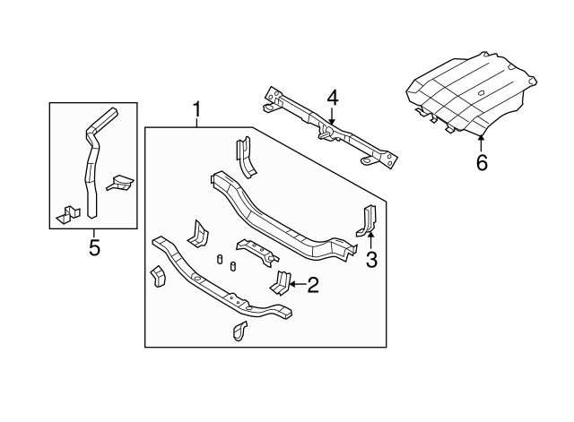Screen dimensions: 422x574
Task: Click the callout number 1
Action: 196,110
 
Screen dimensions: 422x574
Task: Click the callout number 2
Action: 313,286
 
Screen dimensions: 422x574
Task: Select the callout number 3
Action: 372,261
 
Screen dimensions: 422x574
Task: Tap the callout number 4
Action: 332,98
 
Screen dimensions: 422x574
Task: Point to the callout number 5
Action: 94,245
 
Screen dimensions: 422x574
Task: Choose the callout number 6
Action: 482,163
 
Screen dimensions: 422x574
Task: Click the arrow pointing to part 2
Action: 296,286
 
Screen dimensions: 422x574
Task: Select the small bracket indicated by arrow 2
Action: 280,282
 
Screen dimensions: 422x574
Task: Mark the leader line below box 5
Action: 94,231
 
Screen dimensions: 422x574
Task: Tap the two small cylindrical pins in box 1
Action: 227,263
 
